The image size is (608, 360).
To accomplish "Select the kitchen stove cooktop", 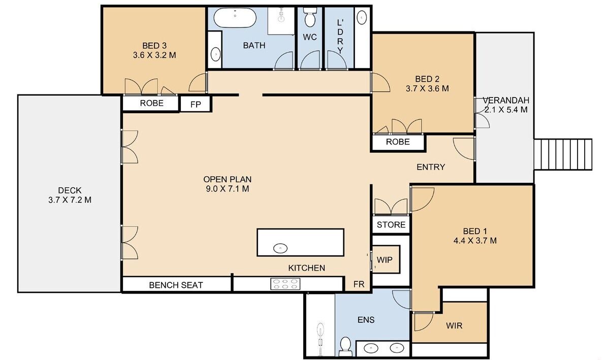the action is (285, 284).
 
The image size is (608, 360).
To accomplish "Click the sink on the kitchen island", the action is (280, 248).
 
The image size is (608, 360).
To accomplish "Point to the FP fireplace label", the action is (196, 105).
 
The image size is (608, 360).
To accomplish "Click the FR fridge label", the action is (359, 284).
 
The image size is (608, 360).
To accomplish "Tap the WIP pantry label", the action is (385, 260).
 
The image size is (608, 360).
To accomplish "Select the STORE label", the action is (391, 225).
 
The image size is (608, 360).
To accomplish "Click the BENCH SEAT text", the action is (176, 285).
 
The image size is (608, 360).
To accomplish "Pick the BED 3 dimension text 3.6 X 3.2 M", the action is (154, 55).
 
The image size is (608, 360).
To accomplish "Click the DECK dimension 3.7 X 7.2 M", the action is (70, 200).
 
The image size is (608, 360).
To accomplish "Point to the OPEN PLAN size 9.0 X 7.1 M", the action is (228, 189).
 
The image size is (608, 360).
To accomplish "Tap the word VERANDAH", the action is (506, 101).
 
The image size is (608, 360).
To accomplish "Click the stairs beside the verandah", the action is (563, 154).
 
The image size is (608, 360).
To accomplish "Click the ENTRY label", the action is (431, 167).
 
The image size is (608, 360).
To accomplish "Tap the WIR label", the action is (454, 325).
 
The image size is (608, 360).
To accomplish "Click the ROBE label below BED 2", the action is (398, 142).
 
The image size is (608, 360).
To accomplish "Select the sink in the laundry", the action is (361, 17).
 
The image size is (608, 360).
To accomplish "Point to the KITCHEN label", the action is (307, 268).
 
